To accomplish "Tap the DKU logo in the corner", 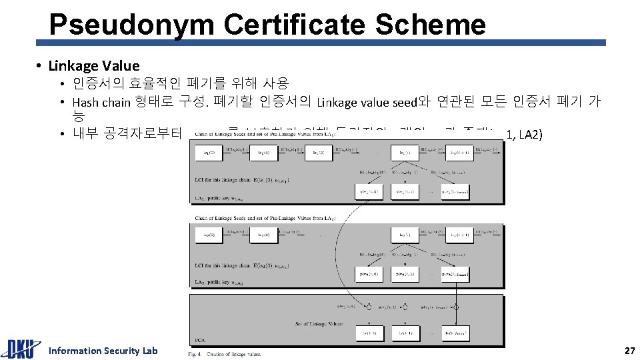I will [21, 349].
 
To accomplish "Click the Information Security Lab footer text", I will [103, 351].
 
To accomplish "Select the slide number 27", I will [629, 351].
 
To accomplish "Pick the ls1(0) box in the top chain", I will [209, 153].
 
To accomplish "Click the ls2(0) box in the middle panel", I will [209, 234].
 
